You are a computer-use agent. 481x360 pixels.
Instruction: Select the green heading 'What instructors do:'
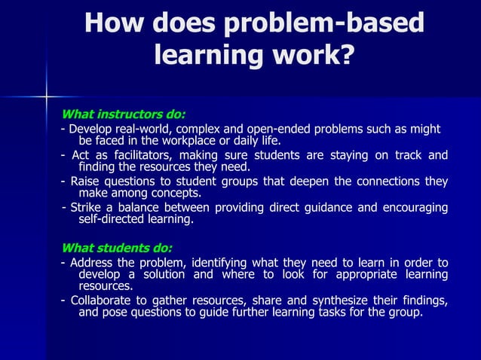123,115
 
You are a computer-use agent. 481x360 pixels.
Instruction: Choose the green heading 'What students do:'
117,248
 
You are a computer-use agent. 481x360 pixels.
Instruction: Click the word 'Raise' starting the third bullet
85,182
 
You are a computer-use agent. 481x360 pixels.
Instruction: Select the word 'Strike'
87,208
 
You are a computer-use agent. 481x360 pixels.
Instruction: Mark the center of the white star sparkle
46,96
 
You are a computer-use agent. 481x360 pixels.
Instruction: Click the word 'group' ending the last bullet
406,313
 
